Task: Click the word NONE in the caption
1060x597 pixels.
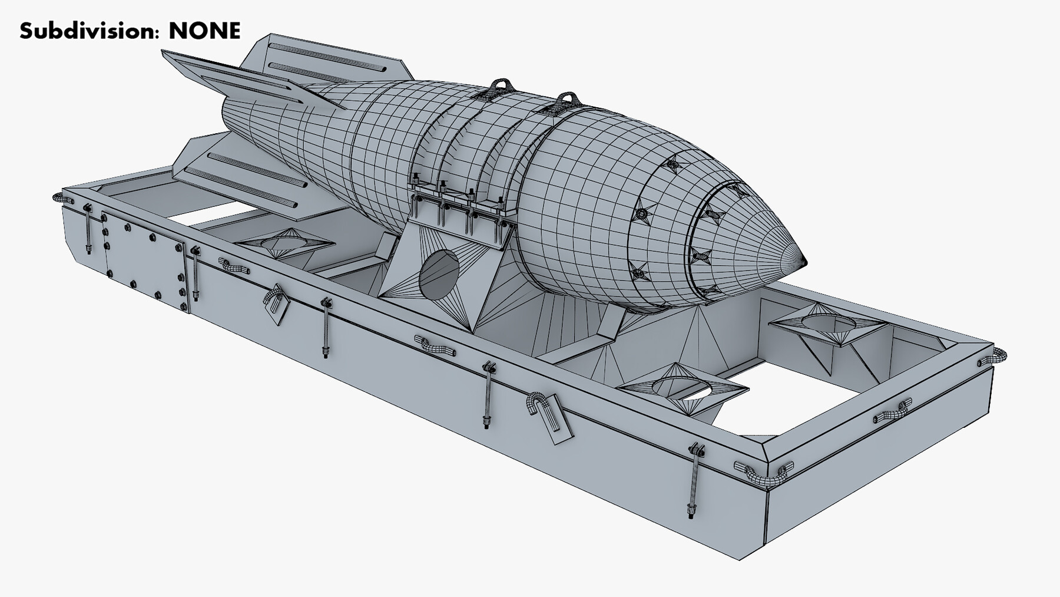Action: coord(204,30)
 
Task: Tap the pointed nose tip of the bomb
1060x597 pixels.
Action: coord(801,258)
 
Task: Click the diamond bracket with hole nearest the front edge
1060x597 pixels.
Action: coord(683,386)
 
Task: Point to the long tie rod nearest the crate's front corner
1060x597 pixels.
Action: coord(695,480)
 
